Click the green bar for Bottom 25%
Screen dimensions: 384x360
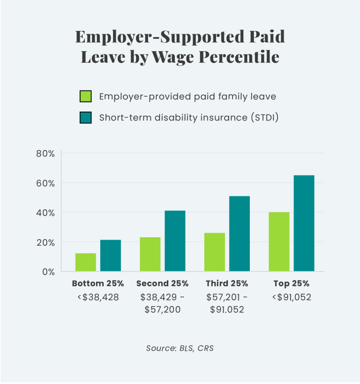(86, 262)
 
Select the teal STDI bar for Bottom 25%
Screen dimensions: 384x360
(111, 256)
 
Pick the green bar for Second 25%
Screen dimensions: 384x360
(150, 254)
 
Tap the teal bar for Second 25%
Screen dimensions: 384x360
(175, 241)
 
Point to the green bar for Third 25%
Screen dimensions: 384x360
(215, 252)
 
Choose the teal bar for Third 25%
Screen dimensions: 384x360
(240, 233)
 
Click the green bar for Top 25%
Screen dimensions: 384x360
(279, 241)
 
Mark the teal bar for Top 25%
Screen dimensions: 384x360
(304, 223)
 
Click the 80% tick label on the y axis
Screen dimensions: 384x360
(46, 153)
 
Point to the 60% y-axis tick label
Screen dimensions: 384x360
(46, 183)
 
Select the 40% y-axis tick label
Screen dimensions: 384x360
(46, 212)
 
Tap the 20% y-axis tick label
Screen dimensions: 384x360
(46, 242)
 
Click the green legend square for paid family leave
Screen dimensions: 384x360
(86, 97)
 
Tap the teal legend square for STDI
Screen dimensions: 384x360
(86, 117)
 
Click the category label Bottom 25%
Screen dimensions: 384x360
(98, 284)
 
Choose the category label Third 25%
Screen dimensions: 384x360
(227, 284)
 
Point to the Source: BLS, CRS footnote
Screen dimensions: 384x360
(180, 348)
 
